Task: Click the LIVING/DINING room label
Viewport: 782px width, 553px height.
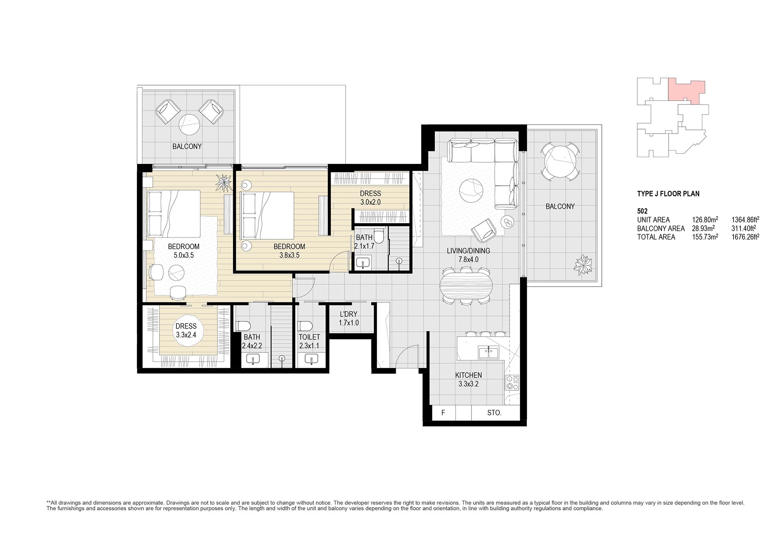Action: pyautogui.click(x=468, y=251)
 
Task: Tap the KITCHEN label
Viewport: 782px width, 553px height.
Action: pyautogui.click(x=468, y=375)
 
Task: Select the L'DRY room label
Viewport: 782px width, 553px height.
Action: pyautogui.click(x=349, y=314)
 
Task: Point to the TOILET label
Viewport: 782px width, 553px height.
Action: pyautogui.click(x=309, y=337)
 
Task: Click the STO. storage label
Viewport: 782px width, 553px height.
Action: pyautogui.click(x=494, y=413)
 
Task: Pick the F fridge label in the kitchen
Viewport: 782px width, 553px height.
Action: pyautogui.click(x=443, y=413)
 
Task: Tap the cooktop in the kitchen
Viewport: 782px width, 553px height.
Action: pyautogui.click(x=512, y=382)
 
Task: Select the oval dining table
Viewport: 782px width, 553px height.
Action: pyautogui.click(x=466, y=285)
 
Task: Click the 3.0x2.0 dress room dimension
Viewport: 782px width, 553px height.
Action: pyautogui.click(x=370, y=202)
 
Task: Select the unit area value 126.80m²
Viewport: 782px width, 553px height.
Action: pyautogui.click(x=705, y=219)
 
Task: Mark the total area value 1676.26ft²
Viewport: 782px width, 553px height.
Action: pyautogui.click(x=746, y=237)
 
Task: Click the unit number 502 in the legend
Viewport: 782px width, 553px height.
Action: pyautogui.click(x=642, y=211)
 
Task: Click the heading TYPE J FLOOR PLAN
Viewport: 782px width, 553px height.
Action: pyautogui.click(x=668, y=194)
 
